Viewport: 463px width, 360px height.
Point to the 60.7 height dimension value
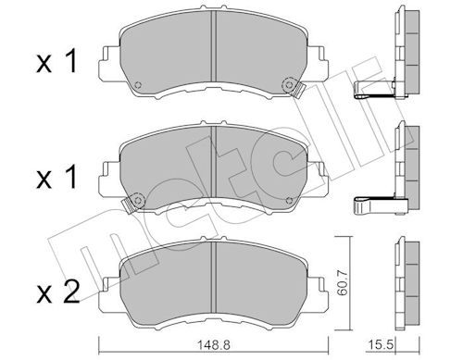click(x=343, y=282)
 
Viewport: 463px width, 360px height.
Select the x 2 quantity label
click(x=58, y=292)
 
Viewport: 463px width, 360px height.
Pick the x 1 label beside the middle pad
click(x=56, y=177)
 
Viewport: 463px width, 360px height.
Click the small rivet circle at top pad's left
click(x=138, y=85)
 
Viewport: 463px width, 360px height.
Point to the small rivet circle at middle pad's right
click(x=289, y=201)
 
